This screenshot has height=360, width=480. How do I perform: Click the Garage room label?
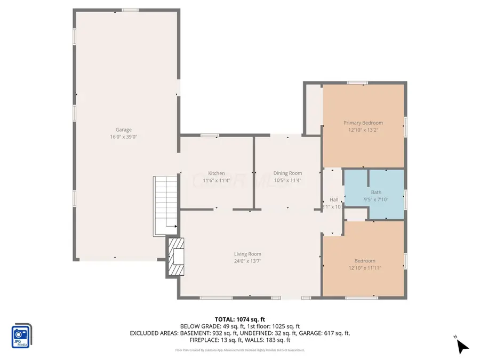click(124, 130)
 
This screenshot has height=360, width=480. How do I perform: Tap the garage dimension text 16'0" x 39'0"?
click(124, 137)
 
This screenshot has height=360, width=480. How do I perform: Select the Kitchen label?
click(217, 173)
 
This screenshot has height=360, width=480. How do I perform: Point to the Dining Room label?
click(287, 173)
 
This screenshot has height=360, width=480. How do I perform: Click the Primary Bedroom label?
click(363, 123)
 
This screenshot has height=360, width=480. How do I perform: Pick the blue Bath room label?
click(376, 192)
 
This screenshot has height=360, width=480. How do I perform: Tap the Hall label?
click(334, 199)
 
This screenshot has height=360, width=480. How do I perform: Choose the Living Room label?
click(247, 254)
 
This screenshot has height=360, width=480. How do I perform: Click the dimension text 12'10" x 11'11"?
click(365, 268)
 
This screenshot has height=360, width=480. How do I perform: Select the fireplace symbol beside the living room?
click(175, 257)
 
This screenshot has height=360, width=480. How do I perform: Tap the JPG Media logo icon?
click(21, 337)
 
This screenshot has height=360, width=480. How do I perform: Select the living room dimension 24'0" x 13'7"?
click(247, 261)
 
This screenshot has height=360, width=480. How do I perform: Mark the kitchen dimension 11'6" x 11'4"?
click(217, 180)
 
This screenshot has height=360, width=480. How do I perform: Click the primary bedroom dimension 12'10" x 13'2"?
click(363, 130)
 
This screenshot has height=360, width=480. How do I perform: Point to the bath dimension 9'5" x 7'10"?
click(376, 199)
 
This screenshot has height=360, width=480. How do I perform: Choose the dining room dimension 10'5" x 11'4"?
click(287, 180)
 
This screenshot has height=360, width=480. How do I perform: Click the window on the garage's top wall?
click(130, 10)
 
